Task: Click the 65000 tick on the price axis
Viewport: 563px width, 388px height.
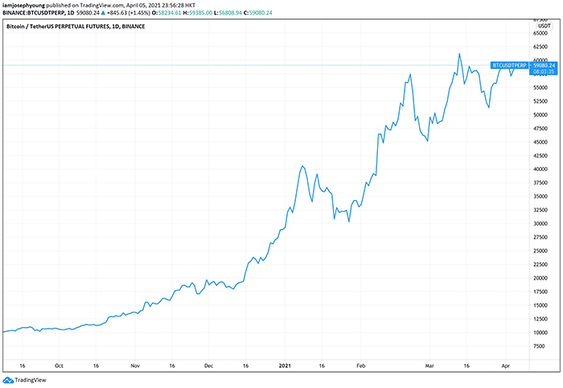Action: (542, 34)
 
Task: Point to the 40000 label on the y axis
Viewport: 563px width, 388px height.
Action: (542, 169)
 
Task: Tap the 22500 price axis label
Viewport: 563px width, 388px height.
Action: (542, 264)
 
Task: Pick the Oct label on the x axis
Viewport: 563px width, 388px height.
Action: (59, 364)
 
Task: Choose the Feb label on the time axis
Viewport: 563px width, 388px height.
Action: (360, 364)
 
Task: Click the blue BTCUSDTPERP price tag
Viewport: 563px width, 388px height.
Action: (508, 65)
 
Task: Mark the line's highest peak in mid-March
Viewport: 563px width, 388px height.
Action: (459, 54)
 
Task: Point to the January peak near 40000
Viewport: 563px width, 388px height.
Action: (302, 166)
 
